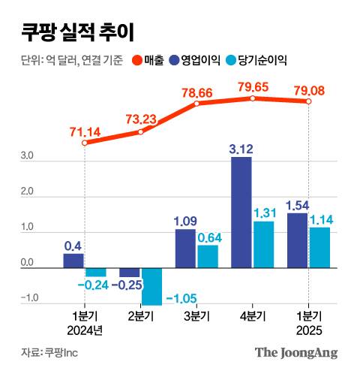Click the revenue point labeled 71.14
click(x=85, y=143)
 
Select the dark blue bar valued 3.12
click(x=241, y=212)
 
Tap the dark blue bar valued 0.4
click(x=73, y=261)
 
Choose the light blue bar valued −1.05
click(x=151, y=286)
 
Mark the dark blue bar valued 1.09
click(x=185, y=249)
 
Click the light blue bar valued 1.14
click(x=319, y=247)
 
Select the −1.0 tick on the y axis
click(x=28, y=299)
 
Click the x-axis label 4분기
click(x=253, y=315)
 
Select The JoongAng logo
click(x=296, y=352)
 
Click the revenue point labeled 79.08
click(x=308, y=101)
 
